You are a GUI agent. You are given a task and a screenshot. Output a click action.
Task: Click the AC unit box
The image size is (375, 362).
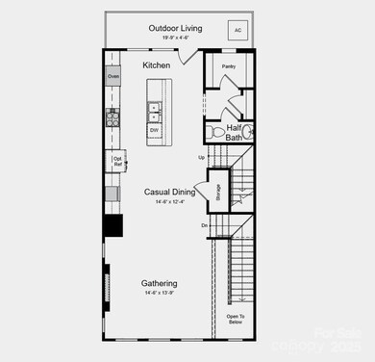pos(237,28)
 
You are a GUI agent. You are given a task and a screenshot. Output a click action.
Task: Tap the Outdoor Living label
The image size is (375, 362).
pos(175,28)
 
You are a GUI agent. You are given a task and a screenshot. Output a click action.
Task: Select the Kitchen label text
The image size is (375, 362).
pos(156,65)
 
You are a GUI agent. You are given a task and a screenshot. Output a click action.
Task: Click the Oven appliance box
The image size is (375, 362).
pos(112,76)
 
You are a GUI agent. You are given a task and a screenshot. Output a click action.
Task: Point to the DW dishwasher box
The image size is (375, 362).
pos(155,129)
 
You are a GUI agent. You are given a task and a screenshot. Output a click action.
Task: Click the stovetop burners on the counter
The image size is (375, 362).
pos(112,118)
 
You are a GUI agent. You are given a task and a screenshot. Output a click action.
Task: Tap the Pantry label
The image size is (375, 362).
pos(228,66)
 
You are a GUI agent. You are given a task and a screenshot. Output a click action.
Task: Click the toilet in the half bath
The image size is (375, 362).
pos(215,131)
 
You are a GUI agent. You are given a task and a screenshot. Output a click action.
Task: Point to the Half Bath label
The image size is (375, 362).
pos(234,132)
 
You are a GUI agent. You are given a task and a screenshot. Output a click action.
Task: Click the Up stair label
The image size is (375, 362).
pos(201,157)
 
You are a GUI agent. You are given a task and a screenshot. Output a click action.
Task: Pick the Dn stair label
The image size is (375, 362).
pos(204,225)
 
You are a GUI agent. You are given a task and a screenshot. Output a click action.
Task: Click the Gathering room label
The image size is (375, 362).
pos(159,283)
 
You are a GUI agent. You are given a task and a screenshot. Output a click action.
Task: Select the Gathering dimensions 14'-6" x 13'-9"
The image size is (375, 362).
pos(159,294)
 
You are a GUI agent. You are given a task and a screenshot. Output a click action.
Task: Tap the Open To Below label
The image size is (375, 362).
pos(236,320)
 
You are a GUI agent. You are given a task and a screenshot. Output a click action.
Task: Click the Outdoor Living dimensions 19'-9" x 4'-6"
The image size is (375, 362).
pos(175,38)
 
